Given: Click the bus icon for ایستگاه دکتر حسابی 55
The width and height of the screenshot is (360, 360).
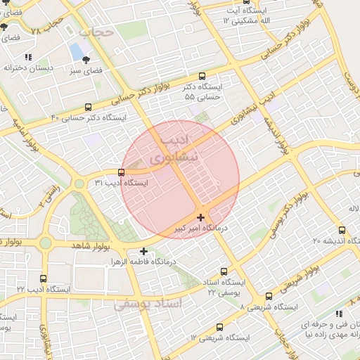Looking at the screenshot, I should coord(203,76).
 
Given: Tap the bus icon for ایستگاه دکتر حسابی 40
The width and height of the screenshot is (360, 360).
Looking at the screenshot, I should coord(88,108).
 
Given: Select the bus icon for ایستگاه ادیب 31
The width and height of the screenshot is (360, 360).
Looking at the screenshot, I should coord(122,172).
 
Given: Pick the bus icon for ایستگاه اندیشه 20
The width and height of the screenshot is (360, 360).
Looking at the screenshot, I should coord(342,230).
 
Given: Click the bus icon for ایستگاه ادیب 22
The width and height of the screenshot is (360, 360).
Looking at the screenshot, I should coord(44,278).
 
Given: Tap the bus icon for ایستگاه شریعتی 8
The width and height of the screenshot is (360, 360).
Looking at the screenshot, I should coord(269,297).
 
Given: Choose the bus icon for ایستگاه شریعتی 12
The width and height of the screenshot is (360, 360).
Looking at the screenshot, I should coord(220,327).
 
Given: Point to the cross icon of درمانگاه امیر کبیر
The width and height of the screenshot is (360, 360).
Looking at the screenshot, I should coord(201,218).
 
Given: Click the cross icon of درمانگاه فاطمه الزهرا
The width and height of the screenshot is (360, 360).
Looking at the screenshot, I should coord(143,251).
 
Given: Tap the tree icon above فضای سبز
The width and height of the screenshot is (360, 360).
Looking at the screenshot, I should coord(86,60).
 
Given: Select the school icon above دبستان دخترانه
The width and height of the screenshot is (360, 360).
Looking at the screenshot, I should coord(27,57).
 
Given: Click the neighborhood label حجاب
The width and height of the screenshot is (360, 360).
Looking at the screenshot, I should coord(96,32).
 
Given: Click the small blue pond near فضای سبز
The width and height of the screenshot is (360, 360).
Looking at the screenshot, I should coord(75,51).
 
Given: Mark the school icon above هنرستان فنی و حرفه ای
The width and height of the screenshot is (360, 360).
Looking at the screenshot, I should coord(339,314).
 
